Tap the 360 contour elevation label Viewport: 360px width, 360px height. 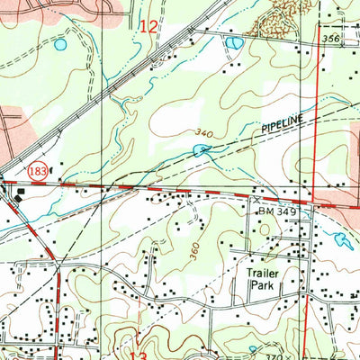195,250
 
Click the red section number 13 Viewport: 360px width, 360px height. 138,355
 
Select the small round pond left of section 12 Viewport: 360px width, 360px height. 60,44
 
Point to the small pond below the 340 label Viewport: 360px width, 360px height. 199,149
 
